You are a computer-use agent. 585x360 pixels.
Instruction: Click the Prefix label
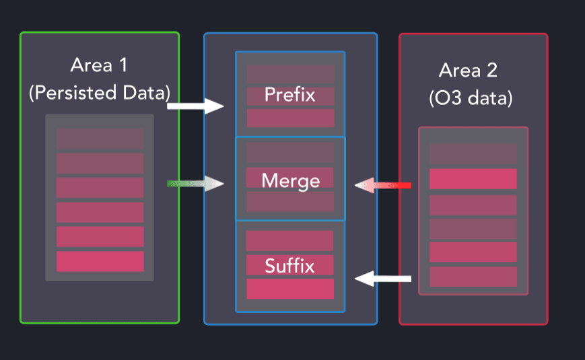click(290, 94)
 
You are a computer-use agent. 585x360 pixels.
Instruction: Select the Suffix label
click(290, 265)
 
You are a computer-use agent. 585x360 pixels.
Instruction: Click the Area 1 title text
click(99, 66)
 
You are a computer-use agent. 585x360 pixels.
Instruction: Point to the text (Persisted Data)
click(99, 92)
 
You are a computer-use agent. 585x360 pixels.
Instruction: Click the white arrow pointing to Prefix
click(195, 106)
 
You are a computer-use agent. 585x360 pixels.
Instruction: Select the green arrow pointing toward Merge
click(195, 184)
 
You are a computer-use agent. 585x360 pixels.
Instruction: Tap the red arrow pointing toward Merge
click(383, 184)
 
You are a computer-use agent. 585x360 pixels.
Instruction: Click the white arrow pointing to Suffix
click(383, 278)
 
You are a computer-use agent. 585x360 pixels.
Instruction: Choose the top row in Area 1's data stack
click(100, 139)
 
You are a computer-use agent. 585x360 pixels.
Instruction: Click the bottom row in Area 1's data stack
click(100, 261)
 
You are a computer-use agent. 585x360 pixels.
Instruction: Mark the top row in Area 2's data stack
click(473, 153)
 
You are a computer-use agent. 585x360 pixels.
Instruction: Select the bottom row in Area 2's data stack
click(473, 277)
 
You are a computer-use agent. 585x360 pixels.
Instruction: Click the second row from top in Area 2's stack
click(473, 178)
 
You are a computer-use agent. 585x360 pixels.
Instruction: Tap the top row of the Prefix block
click(290, 74)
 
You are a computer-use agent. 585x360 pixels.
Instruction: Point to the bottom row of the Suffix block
click(290, 289)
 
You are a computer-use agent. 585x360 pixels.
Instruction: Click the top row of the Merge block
click(290, 152)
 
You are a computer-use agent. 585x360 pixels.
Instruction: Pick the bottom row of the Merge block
click(290, 202)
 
